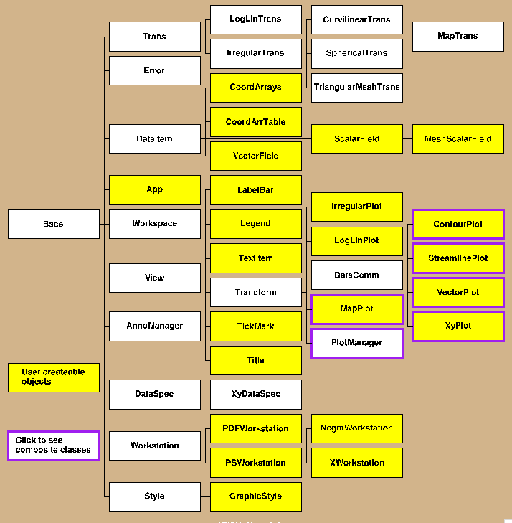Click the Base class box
[x=53, y=224]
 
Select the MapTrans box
[x=458, y=36]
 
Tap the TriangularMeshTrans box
[x=356, y=88]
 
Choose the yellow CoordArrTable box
[x=255, y=122]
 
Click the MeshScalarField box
[x=458, y=138]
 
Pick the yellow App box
[x=154, y=189]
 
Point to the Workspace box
[x=154, y=224]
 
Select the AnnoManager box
[x=154, y=326]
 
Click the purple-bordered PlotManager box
[x=356, y=343]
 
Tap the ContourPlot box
[x=458, y=224]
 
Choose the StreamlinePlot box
[x=458, y=258]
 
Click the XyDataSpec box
[x=255, y=394]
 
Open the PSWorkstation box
[x=255, y=463]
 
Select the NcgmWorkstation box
[x=356, y=428]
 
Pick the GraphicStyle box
[x=255, y=496]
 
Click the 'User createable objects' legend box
[x=53, y=377]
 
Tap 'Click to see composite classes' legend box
[x=53, y=446]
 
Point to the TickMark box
[x=255, y=326]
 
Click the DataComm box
[x=356, y=275]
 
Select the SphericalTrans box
[x=356, y=53]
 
